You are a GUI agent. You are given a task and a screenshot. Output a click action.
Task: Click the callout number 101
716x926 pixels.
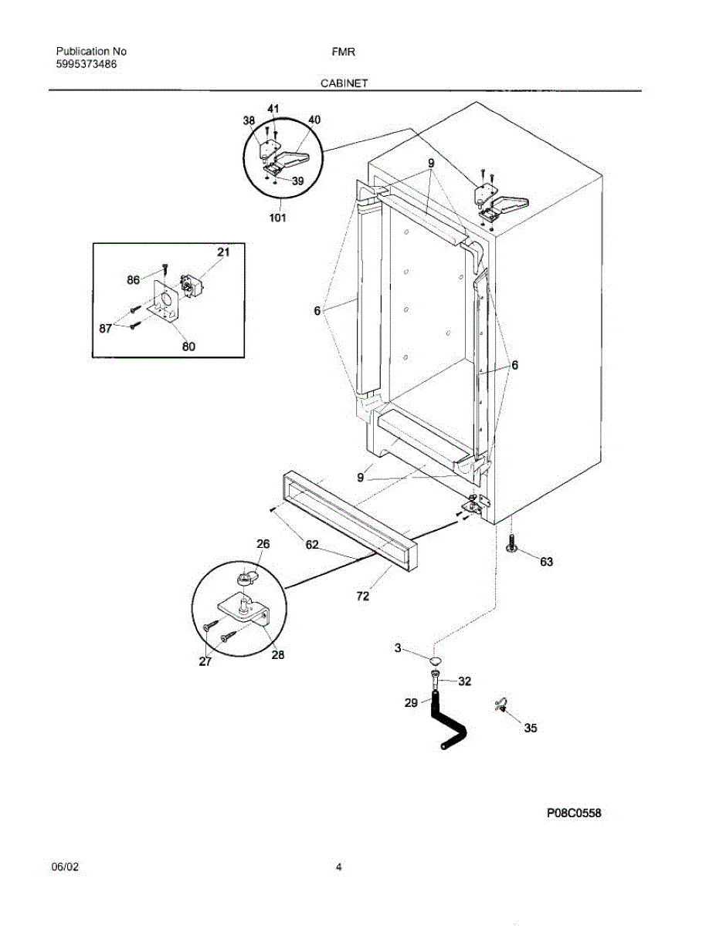(x=277, y=218)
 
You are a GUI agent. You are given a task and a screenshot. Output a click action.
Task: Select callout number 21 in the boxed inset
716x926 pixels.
(x=223, y=252)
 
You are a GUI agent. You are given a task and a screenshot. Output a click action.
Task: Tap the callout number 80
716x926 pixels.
(x=188, y=346)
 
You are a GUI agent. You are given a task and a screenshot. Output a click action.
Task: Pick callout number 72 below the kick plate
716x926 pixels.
(x=362, y=596)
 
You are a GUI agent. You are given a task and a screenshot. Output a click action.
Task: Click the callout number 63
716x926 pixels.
(x=546, y=562)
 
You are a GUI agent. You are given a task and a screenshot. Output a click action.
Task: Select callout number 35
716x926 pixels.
(x=531, y=728)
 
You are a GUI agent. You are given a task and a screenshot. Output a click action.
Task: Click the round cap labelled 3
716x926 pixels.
(x=436, y=661)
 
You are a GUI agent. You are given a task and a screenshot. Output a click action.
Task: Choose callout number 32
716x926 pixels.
(x=464, y=681)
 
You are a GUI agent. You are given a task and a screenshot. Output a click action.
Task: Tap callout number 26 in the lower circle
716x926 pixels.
(x=263, y=544)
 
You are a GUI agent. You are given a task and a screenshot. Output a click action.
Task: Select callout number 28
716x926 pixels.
(x=277, y=655)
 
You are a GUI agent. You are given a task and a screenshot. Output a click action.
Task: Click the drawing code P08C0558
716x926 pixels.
(x=574, y=813)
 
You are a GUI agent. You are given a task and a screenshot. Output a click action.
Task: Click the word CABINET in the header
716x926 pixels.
(x=344, y=81)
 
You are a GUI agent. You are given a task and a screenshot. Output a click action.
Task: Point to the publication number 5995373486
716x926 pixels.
(x=87, y=65)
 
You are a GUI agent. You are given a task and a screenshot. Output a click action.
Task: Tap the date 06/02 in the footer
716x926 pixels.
(x=65, y=867)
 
